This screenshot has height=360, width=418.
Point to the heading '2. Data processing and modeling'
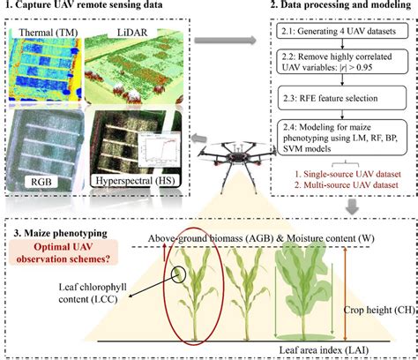[337, 9]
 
